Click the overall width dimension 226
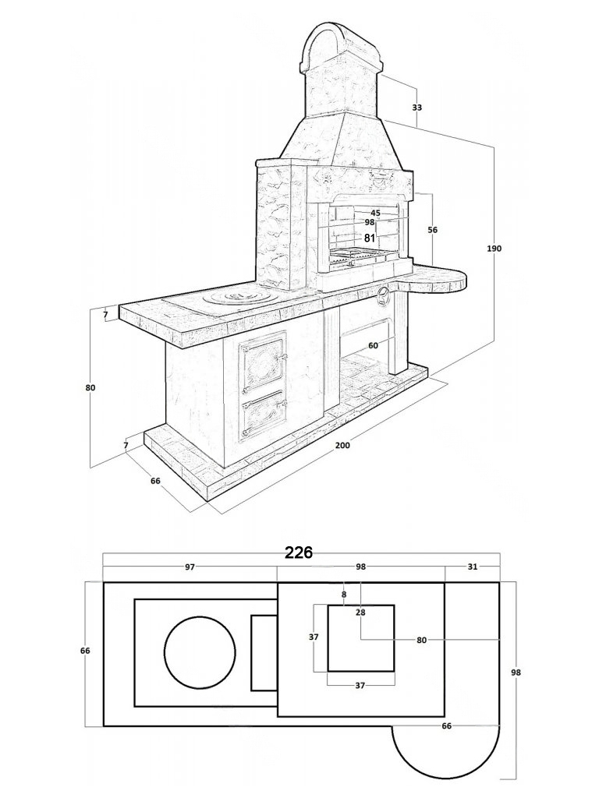pyautogui.click(x=298, y=553)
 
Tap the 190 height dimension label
pyautogui.click(x=494, y=249)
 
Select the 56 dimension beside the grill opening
pyautogui.click(x=433, y=230)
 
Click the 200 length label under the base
pyautogui.click(x=342, y=445)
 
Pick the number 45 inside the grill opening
pyautogui.click(x=375, y=213)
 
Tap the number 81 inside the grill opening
pyautogui.click(x=370, y=238)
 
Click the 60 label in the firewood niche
pyautogui.click(x=373, y=345)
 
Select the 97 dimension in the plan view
pyautogui.click(x=190, y=567)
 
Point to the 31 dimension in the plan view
pyautogui.click(x=472, y=567)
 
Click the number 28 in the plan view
pyautogui.click(x=360, y=613)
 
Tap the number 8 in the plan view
pyautogui.click(x=343, y=595)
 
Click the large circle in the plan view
pyautogui.click(x=200, y=652)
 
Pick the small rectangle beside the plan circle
pyautogui.click(x=264, y=652)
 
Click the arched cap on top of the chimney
pyautogui.click(x=339, y=43)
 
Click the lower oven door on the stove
pyautogui.click(x=263, y=421)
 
